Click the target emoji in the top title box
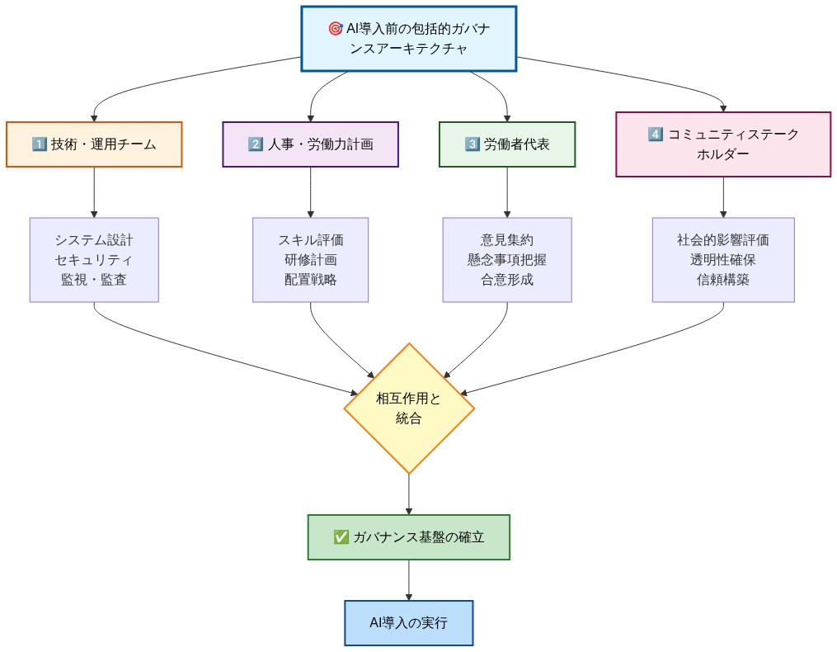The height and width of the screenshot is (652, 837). pyautogui.click(x=335, y=28)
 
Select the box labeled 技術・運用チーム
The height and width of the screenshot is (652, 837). pyautogui.click(x=94, y=144)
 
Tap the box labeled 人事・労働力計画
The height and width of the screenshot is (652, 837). pyautogui.click(x=310, y=144)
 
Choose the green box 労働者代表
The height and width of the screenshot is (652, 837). pyautogui.click(x=506, y=144)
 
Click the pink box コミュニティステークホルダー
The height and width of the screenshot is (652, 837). pyautogui.click(x=723, y=144)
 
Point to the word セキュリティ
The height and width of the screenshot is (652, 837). pyautogui.click(x=94, y=260)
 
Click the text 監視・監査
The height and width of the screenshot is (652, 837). pyautogui.click(x=94, y=279)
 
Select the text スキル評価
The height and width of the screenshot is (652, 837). pyautogui.click(x=310, y=240)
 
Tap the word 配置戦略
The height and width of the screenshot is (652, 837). pyautogui.click(x=310, y=279)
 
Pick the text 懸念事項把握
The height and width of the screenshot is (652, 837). pyautogui.click(x=506, y=260)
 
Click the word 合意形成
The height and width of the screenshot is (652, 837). pyautogui.click(x=506, y=279)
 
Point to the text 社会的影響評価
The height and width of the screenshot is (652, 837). pyautogui.click(x=723, y=240)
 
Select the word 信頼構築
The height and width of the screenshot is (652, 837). pyautogui.click(x=723, y=279)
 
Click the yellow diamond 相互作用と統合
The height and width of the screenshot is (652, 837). pyautogui.click(x=409, y=408)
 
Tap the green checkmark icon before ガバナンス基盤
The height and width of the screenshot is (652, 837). pyautogui.click(x=341, y=537)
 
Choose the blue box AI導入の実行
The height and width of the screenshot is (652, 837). pyautogui.click(x=409, y=623)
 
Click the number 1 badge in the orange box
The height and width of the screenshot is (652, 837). pyautogui.click(x=38, y=144)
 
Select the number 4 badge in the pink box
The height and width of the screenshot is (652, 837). pyautogui.click(x=656, y=135)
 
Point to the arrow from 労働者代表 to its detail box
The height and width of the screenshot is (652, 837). pyautogui.click(x=506, y=192)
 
